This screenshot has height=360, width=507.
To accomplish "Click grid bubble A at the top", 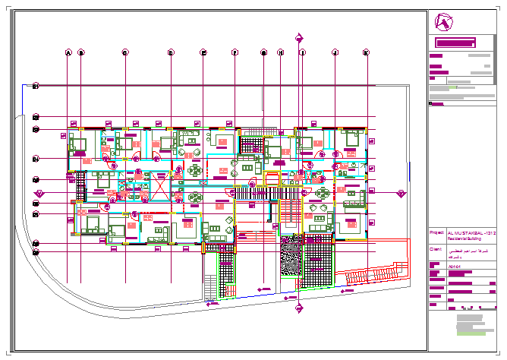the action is point(68,52).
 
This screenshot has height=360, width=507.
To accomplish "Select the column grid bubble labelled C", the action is point(125,52).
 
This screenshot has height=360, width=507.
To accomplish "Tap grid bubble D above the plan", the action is point(171,52).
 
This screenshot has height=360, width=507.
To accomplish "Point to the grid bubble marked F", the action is point(235,52).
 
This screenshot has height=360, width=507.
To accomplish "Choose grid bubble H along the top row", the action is point(280,52).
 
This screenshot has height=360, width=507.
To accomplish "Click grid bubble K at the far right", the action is point(366,52).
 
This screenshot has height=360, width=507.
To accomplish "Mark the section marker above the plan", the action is point(300,36).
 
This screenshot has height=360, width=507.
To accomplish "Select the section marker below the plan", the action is point(299,307).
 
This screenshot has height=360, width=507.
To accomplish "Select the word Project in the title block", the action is point(436,232).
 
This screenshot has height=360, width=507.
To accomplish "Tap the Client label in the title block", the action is point(436,248).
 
